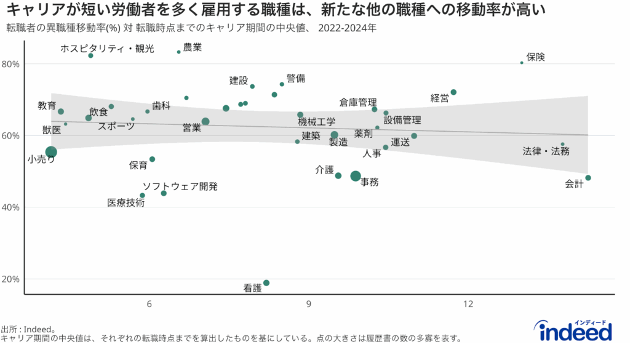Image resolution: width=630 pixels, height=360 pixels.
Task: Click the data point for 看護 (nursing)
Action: (x=266, y=283)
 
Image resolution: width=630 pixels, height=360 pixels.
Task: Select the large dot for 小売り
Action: (x=51, y=152)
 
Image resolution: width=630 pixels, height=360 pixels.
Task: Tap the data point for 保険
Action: (x=522, y=63)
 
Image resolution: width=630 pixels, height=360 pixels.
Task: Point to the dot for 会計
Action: (x=588, y=178)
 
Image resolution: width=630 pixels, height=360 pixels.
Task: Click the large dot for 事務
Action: (x=356, y=176)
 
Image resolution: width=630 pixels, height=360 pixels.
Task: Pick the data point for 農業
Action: (x=178, y=52)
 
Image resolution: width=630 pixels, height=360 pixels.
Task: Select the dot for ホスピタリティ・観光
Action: (x=90, y=55)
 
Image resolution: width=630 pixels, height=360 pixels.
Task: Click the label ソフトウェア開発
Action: (x=180, y=186)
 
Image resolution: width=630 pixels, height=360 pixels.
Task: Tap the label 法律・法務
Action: (x=546, y=151)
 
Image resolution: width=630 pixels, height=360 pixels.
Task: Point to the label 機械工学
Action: (x=317, y=122)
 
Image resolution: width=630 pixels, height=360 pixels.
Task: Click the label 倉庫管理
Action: (x=357, y=102)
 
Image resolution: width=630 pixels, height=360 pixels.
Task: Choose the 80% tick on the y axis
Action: (x=11, y=64)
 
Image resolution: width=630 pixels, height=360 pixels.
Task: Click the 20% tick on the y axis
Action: (x=11, y=279)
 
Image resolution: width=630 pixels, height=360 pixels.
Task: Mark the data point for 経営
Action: (x=453, y=92)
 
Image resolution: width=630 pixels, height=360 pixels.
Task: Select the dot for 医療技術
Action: (x=142, y=196)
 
